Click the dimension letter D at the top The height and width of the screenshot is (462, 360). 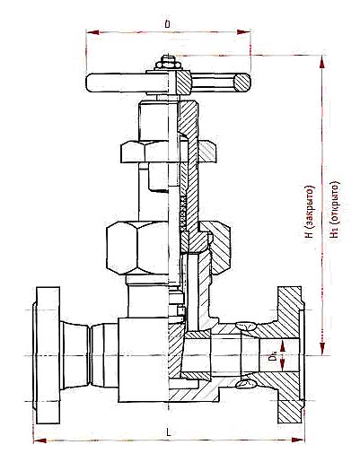pos(167,24)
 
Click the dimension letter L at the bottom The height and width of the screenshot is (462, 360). pos(169,431)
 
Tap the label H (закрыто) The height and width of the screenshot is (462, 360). pos(310,212)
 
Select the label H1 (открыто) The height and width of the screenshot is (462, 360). pos(335,210)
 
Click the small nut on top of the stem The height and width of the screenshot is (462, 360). pos(168,65)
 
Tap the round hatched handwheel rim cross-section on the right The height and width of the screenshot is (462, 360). pos(241,83)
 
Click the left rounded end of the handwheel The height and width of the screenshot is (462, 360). pos(90,83)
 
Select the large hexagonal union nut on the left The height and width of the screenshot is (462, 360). pos(137,248)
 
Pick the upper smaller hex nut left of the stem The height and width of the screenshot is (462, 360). pos(145,152)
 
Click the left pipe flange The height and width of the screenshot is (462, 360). pos(48,355)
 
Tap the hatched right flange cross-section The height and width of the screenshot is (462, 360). pos(289,355)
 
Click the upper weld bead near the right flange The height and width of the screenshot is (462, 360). pos(246,326)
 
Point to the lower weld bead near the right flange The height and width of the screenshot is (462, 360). pos(246,384)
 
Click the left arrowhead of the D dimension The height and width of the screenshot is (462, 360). pos(92,32)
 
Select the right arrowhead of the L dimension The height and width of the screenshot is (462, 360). pos(298,440)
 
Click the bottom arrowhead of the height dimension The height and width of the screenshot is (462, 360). pos(322,349)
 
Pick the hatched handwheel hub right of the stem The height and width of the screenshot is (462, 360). pos(183,83)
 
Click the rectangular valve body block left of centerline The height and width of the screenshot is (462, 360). pos(143,360)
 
